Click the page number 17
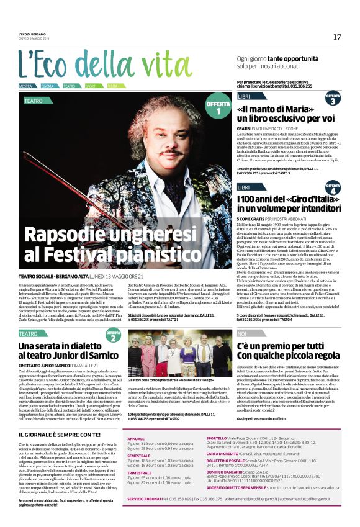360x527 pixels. point(337,37)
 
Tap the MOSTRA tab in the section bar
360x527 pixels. point(25,86)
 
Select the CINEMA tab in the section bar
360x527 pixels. point(48,86)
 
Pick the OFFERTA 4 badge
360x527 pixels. point(333,189)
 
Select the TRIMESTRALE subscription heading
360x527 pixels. point(141,472)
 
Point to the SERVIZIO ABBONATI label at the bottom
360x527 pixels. point(146,516)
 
